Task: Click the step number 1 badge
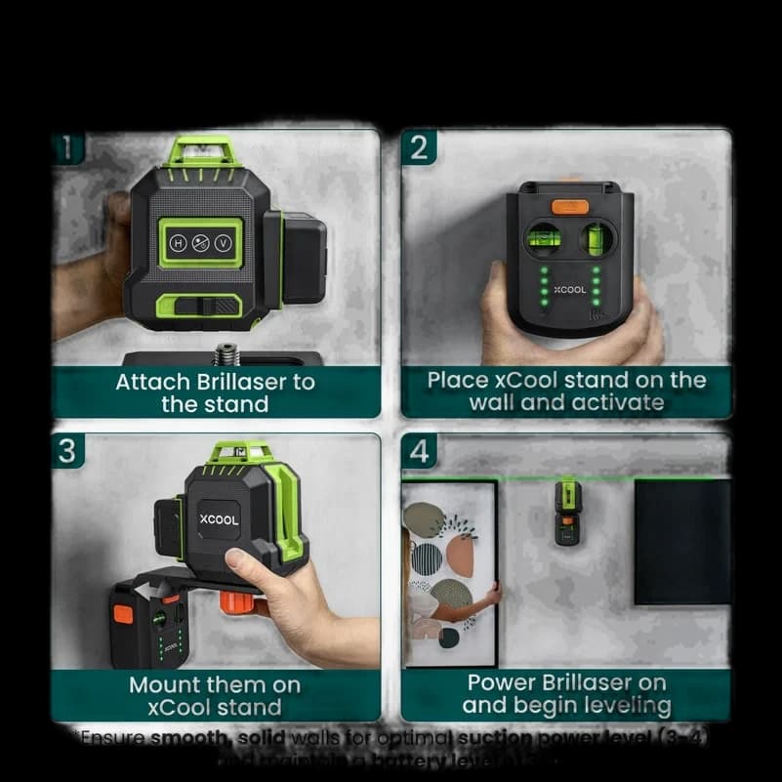[x=67, y=147]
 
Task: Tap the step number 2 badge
[x=419, y=147]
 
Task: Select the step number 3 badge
[x=67, y=451]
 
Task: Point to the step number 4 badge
[x=419, y=451]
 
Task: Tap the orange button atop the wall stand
[x=570, y=207]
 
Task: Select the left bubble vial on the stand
[x=540, y=237]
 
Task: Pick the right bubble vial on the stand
[x=595, y=237]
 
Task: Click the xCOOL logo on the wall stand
[x=570, y=290]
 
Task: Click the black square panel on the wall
[x=681, y=541]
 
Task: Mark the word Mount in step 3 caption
[x=168, y=684]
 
